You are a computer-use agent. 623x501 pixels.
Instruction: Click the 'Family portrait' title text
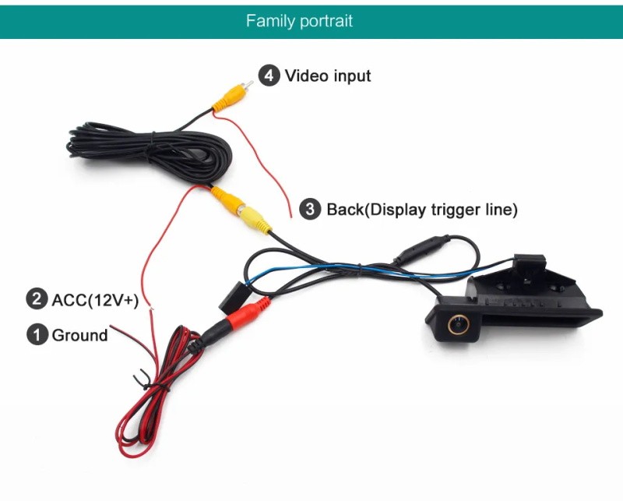point(299,20)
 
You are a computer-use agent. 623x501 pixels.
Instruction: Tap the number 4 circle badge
point(269,76)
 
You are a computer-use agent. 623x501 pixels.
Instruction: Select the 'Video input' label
point(328,76)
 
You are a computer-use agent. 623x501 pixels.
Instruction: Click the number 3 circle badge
point(311,209)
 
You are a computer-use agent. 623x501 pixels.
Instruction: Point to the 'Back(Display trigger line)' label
point(421,209)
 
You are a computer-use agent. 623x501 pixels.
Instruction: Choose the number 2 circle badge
point(37,299)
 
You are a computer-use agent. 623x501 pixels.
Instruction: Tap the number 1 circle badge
point(37,335)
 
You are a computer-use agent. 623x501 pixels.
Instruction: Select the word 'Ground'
point(79,335)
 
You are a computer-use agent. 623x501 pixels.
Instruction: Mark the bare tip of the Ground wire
point(113,328)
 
